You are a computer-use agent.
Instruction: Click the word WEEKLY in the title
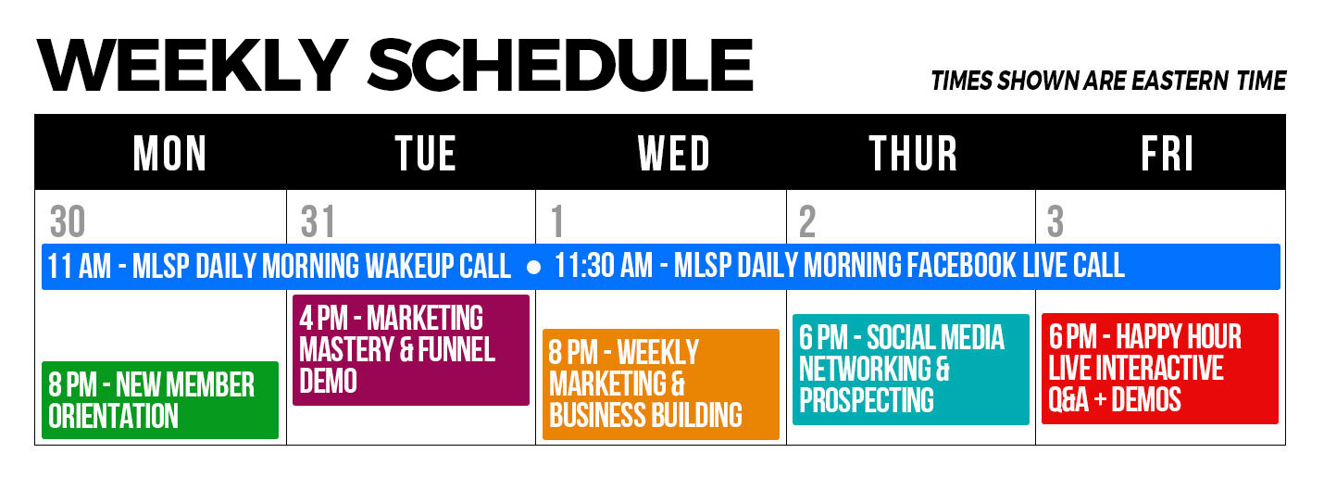(x=193, y=65)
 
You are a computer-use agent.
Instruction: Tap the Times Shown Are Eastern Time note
(x=1108, y=81)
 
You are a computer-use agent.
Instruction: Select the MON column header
(x=169, y=153)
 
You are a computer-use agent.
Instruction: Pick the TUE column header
(x=426, y=153)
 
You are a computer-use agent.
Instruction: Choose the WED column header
(x=674, y=153)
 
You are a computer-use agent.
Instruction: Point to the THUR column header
(x=913, y=153)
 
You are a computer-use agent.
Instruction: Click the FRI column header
(x=1167, y=153)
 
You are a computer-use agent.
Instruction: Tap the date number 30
(x=68, y=221)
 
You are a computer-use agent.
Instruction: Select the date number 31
(x=318, y=221)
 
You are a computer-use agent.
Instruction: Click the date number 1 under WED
(x=556, y=221)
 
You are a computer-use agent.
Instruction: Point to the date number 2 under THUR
(x=807, y=221)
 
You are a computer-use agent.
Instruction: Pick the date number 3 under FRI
(x=1055, y=221)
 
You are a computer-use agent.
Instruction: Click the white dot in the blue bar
(x=533, y=268)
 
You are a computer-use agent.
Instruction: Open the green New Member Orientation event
(x=160, y=400)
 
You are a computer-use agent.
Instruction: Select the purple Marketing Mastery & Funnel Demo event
(x=411, y=349)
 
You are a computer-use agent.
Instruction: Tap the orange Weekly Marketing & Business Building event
(x=661, y=384)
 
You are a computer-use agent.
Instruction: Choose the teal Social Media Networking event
(x=911, y=369)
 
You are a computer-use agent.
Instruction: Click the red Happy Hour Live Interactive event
(x=1160, y=369)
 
